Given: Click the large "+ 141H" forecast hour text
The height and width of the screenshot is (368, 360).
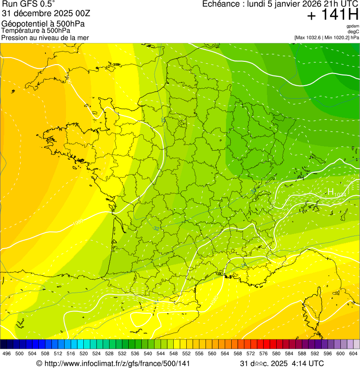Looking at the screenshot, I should click(332, 15).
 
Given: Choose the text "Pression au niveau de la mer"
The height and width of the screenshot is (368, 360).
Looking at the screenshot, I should click(45, 37).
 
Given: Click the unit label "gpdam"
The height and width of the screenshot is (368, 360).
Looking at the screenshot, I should click(353, 26).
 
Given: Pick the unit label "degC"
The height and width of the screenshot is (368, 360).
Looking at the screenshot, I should click(353, 31).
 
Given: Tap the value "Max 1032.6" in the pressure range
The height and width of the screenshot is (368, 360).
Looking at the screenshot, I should click(311, 37).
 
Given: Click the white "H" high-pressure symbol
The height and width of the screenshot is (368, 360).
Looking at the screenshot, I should click(331, 191).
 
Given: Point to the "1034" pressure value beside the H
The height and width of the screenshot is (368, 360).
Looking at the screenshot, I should click(340, 194).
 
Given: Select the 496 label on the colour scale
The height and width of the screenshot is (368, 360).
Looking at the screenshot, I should click(7, 353).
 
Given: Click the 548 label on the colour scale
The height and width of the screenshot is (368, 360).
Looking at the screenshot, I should click(173, 353).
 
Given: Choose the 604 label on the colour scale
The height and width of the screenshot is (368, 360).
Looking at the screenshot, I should click(353, 353).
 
